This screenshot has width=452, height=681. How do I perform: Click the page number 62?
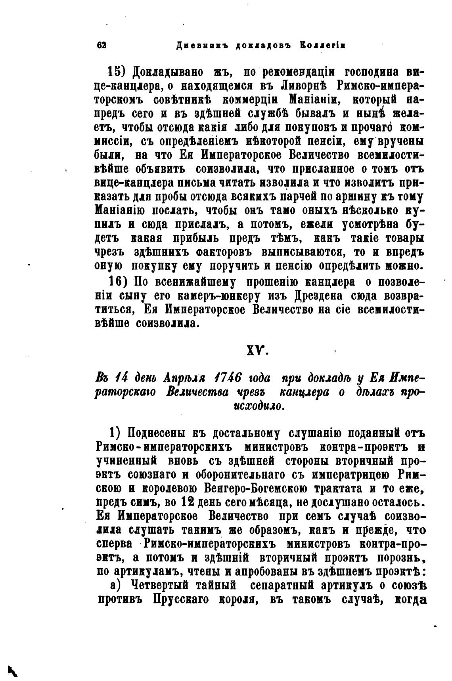(102, 45)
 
